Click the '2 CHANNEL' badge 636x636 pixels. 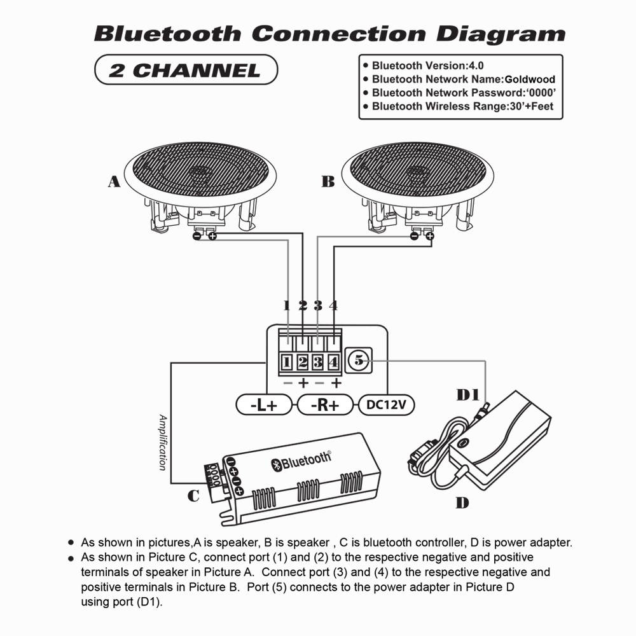tap(186, 70)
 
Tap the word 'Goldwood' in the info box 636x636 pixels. tap(529, 79)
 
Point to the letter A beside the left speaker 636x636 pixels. tap(113, 182)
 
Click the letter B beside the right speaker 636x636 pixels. tap(328, 182)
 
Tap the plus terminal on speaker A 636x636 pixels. tap(212, 237)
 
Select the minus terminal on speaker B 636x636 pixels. tap(415, 237)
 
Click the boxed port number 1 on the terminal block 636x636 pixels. tap(287, 363)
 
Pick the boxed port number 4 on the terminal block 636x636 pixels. tap(333, 363)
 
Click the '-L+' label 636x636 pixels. tap(263, 404)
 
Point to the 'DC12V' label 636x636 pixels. tap(386, 404)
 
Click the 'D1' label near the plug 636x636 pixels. tap(469, 395)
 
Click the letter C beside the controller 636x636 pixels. tap(193, 495)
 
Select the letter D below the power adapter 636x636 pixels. tap(462, 503)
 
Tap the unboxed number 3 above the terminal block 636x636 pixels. tap(318, 305)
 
